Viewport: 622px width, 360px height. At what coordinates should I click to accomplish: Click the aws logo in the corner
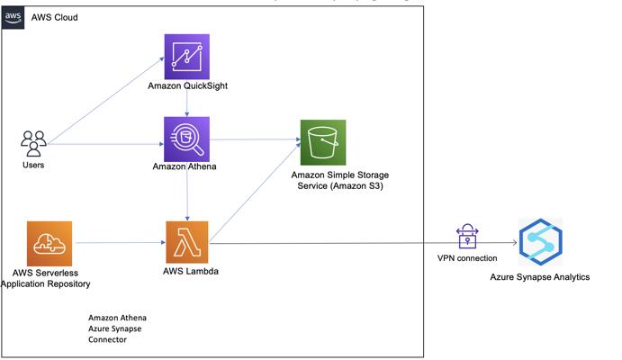13,17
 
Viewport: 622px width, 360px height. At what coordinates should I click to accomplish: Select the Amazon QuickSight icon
187,57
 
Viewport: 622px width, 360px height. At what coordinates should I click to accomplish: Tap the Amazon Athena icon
187,139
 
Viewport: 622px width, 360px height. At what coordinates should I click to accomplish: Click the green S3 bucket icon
323,142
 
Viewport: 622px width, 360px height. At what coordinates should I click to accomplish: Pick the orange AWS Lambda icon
187,242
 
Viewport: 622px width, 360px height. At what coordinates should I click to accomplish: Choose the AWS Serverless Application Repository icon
50,243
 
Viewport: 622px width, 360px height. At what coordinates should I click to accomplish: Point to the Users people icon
33,143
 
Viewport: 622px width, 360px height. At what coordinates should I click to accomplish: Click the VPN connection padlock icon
467,236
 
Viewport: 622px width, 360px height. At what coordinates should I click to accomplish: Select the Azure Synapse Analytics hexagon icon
541,242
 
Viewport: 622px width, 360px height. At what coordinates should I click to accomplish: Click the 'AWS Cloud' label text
54,17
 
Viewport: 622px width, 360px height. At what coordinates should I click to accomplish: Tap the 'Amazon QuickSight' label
187,85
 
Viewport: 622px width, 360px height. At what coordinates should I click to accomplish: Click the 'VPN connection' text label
467,258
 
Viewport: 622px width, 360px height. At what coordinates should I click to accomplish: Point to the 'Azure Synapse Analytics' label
539,277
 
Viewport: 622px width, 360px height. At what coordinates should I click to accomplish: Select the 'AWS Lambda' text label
191,271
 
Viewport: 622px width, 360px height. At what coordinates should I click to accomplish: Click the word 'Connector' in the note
107,340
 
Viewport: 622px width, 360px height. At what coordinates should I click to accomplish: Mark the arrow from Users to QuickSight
105,101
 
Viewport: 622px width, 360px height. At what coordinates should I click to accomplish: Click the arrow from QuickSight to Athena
187,103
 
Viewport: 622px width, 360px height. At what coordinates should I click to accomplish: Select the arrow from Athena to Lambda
187,196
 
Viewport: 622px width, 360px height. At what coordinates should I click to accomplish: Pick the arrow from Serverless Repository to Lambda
121,243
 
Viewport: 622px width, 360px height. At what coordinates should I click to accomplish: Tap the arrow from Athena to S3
255,139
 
